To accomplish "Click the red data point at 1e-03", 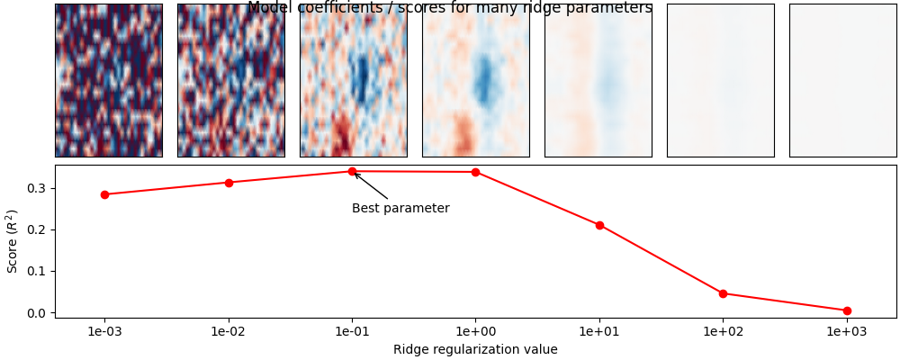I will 104,194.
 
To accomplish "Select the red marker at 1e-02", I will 229,183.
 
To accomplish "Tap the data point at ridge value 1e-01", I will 352,171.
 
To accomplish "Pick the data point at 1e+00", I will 475,172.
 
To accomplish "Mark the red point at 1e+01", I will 599,225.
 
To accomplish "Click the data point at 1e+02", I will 723,293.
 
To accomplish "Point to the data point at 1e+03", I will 847,310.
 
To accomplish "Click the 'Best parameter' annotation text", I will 400,209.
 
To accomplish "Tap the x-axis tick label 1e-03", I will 104,331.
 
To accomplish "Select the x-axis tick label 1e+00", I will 475,331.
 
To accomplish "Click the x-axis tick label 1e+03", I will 847,331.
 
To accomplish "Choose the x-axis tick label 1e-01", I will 352,331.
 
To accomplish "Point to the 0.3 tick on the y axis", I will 40,188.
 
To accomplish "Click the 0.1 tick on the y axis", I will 40,271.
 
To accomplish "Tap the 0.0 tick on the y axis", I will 40,312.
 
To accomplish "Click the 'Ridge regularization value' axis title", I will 475,349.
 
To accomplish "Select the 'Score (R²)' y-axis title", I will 13,241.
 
